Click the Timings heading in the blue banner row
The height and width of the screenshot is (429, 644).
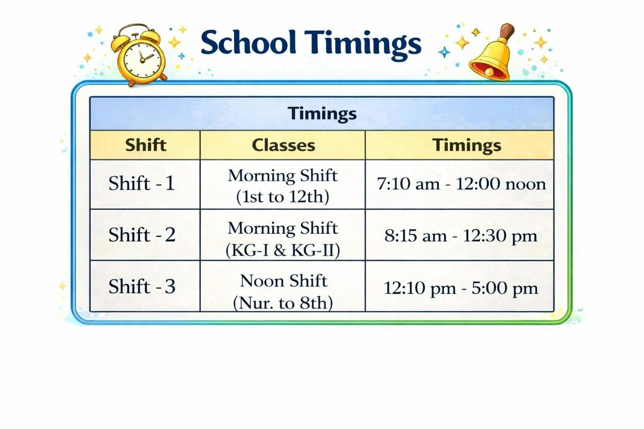[322, 114]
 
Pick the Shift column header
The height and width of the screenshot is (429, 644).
[145, 145]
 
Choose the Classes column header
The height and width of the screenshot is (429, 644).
[283, 145]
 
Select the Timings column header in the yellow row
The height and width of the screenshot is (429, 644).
[467, 145]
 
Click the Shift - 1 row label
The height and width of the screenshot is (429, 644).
[142, 184]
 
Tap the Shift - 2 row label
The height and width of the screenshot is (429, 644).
[142, 235]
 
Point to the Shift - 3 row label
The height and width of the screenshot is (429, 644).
[142, 287]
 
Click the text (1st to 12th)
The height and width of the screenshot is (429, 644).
[282, 197]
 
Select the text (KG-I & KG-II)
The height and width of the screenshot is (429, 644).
[283, 249]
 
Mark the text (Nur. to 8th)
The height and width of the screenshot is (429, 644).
[283, 303]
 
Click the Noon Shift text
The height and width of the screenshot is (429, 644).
[283, 281]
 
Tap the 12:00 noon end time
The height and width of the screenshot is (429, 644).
[501, 184]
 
